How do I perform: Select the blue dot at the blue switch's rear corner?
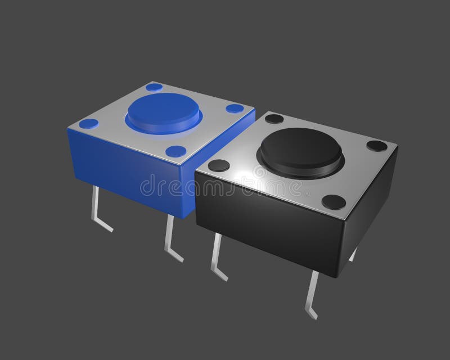click(153, 88)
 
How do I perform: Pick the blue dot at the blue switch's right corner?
click(232, 109)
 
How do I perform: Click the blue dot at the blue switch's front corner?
click(176, 150)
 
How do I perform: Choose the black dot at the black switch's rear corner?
click(274, 119)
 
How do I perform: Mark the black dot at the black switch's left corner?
click(218, 165)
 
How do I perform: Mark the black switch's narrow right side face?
click(374, 202)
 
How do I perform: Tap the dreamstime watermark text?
click(225, 186)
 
